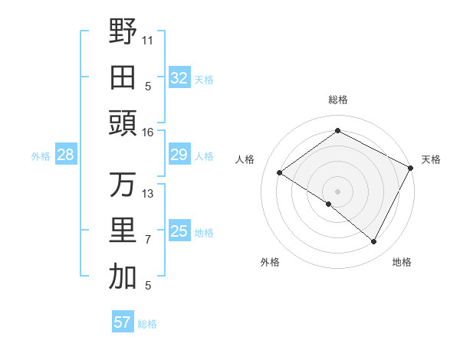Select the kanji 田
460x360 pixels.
[123, 77]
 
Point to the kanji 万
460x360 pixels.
[123, 185]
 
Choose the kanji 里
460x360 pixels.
[123, 231]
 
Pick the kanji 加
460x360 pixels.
[123, 277]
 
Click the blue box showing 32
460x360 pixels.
[179, 77]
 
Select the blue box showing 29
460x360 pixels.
[179, 155]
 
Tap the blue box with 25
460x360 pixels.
[179, 231]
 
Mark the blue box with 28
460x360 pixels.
[65, 155]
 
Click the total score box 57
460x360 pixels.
[122, 322]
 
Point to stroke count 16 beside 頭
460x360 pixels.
[148, 133]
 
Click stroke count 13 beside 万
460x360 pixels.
[148, 194]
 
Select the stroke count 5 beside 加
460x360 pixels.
[148, 286]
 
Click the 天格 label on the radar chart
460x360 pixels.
[431, 159]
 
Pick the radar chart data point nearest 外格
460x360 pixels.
[329, 204]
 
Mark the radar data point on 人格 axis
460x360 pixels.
[280, 173]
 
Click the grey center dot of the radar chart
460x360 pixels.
[337, 190]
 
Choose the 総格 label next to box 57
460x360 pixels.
[147, 324]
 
